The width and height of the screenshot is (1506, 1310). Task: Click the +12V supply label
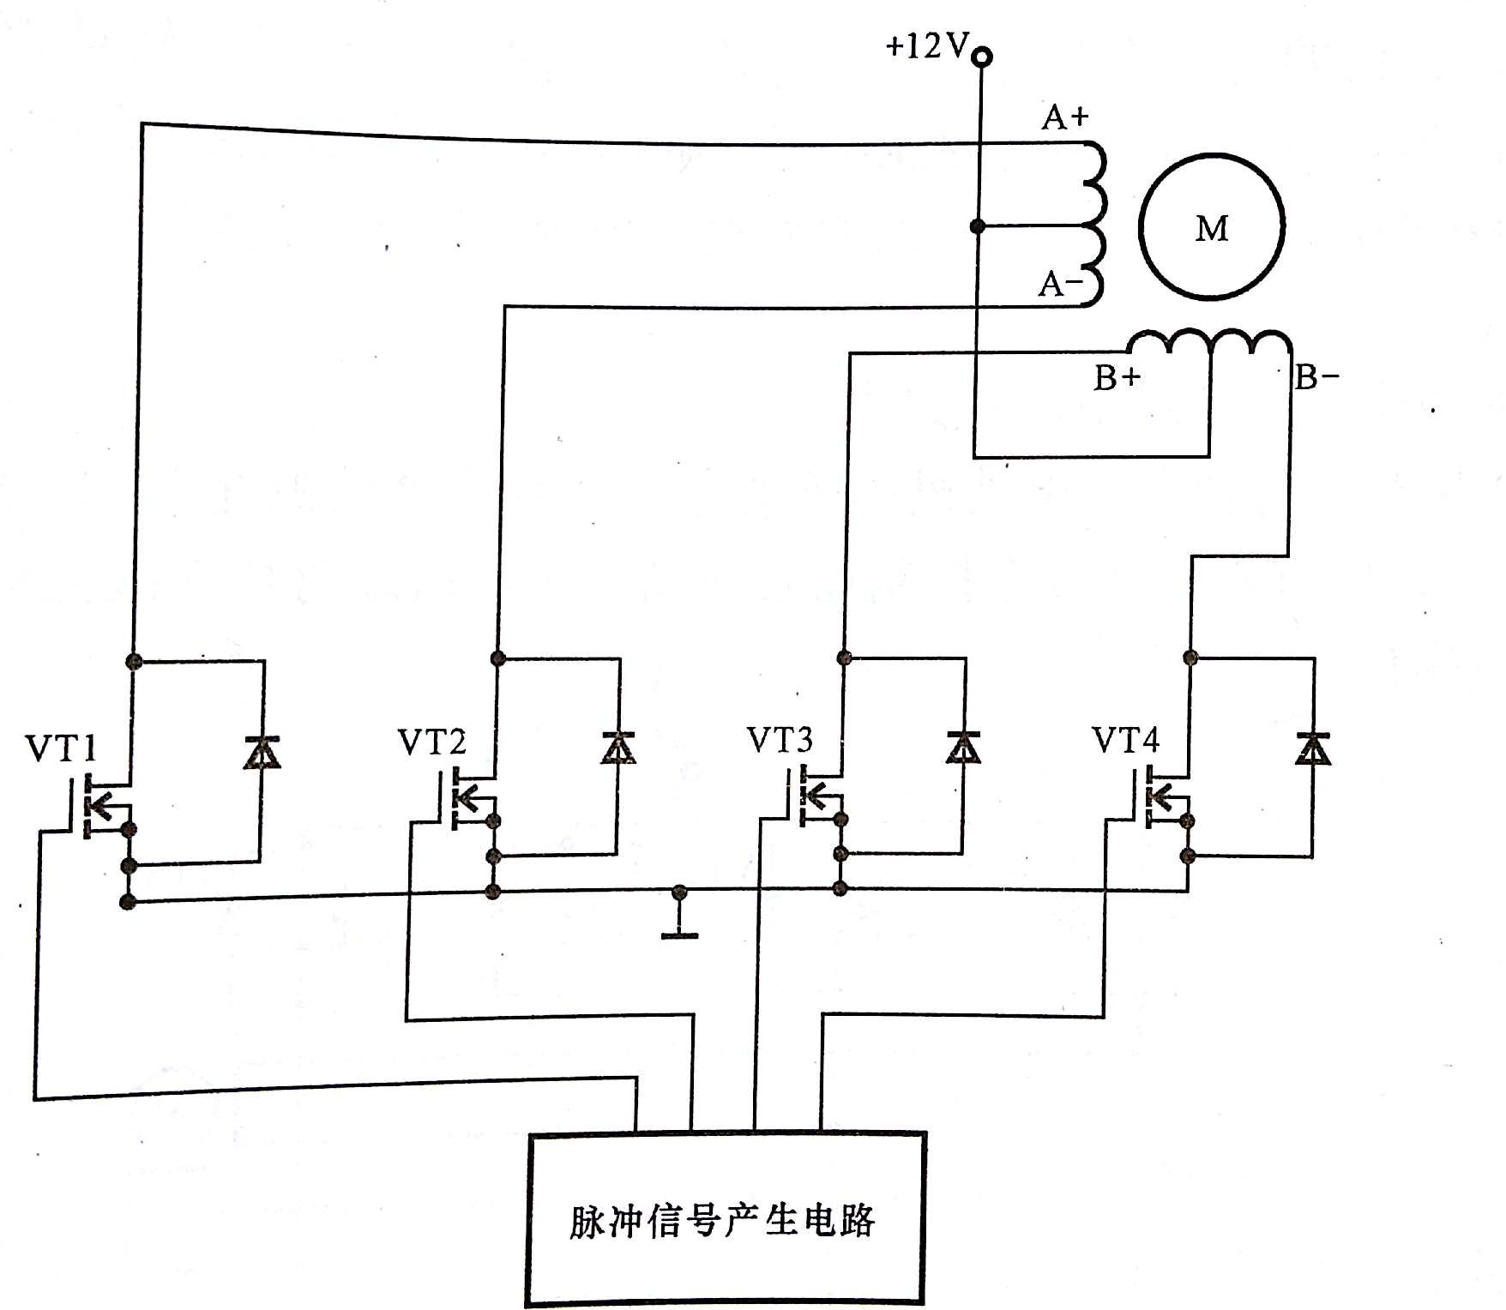coord(926,45)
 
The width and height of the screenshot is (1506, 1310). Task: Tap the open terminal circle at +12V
coord(984,57)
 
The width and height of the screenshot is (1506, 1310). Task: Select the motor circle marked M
coord(1211,227)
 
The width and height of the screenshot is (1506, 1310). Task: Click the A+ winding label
coord(1064,117)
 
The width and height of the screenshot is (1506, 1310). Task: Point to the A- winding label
coord(1060,284)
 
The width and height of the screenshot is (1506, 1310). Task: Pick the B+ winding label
coord(1117,378)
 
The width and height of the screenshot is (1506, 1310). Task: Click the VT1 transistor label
coord(61,748)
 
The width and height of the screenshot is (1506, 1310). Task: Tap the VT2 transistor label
coord(432,742)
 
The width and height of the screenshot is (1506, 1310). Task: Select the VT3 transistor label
coord(780,740)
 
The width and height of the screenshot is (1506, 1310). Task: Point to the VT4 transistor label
coord(1125,740)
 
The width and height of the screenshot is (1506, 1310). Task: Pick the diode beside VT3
coord(964,747)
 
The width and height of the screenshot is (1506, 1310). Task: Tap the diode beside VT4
coord(1311,748)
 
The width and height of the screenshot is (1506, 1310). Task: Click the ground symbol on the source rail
coord(679,933)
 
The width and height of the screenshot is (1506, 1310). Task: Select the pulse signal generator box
coord(726,1219)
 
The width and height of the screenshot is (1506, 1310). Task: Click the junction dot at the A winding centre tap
coord(977,226)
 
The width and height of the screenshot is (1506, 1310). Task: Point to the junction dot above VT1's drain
coord(133,660)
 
